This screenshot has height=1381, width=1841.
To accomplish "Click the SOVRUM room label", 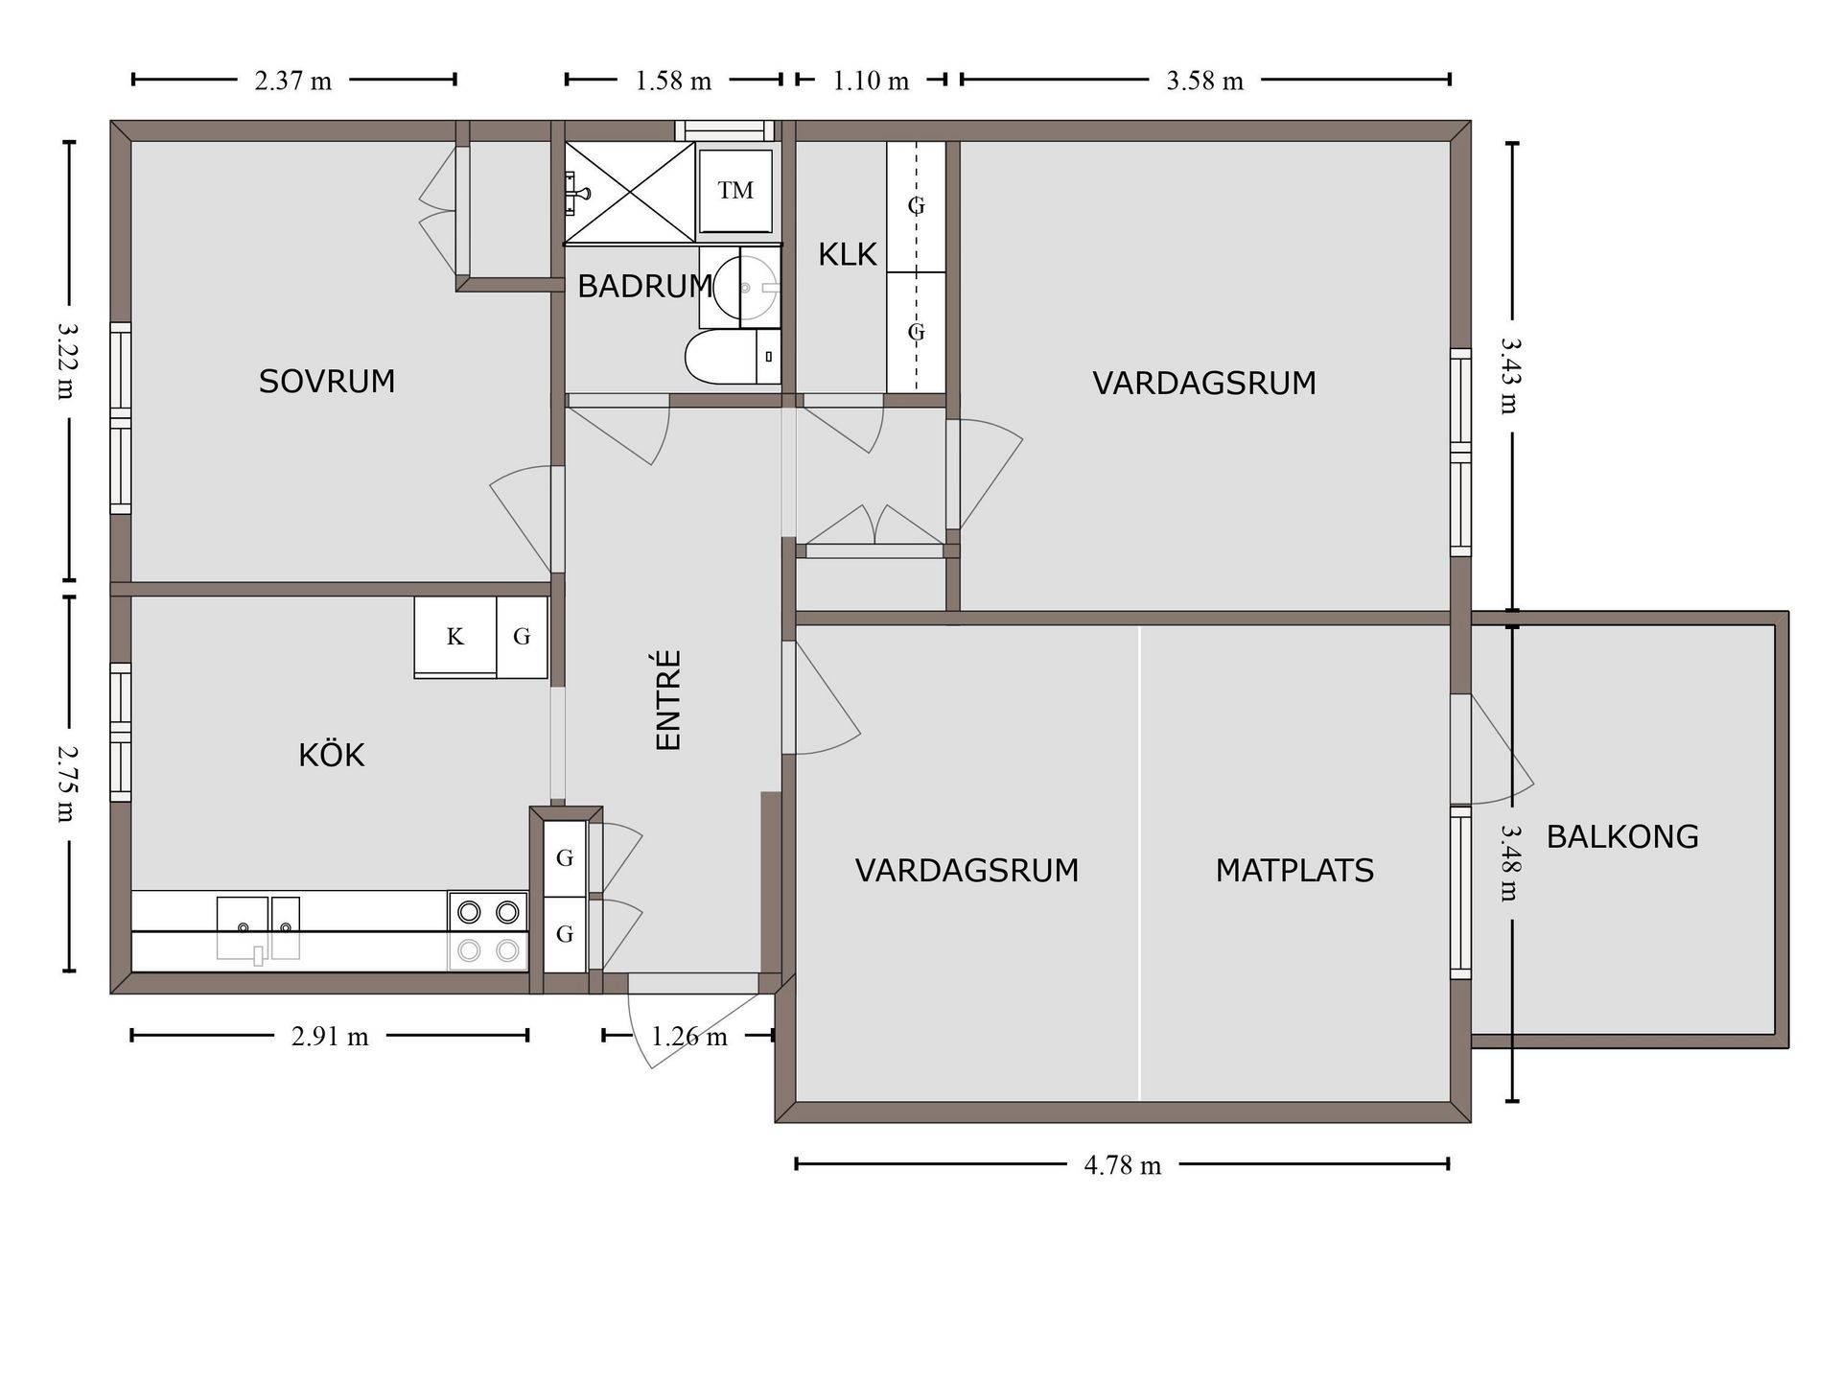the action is (327, 382).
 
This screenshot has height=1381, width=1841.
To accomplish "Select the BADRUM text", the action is (645, 286).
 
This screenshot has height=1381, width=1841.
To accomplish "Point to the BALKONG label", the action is (1622, 837).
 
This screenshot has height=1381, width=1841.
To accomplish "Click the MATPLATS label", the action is (1294, 871).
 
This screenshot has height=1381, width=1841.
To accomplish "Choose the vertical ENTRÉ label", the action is (667, 700).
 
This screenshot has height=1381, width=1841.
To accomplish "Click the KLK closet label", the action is (848, 254).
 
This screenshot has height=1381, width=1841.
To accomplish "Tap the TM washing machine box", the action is (735, 191).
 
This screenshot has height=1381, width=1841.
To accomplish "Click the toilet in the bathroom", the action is (733, 358).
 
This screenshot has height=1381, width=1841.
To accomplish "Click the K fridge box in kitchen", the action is (455, 637).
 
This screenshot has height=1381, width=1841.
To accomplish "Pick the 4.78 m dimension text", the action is (1122, 1165).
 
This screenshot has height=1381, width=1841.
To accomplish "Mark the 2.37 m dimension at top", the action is (292, 81).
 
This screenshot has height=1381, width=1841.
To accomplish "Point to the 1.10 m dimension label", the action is (871, 81).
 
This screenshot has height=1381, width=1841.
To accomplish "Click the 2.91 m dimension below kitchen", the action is (330, 1037).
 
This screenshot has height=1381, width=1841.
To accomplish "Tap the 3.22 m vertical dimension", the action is (67, 361).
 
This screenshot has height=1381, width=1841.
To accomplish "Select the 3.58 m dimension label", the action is (1204, 81).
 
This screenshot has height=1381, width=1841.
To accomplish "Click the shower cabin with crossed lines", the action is (629, 192).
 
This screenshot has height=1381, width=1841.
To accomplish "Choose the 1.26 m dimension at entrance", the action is (689, 1037).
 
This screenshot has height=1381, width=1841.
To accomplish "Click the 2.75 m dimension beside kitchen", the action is (67, 784).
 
